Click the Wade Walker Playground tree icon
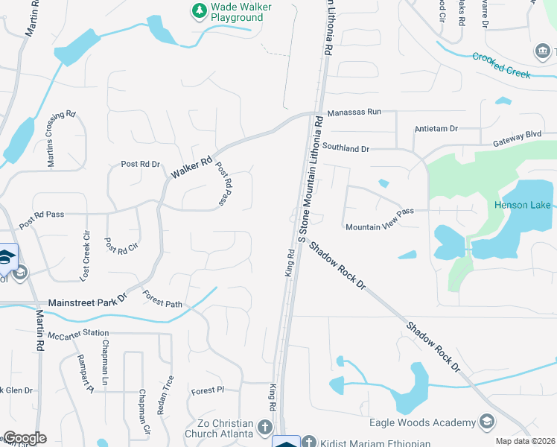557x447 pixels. (x=199, y=10)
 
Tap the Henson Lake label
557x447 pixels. (x=521, y=205)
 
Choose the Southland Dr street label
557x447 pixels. (x=346, y=149)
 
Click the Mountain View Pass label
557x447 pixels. (x=379, y=212)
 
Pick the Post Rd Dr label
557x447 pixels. (x=140, y=164)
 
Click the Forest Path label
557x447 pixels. (x=162, y=299)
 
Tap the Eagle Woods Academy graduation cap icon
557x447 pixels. (x=487, y=422)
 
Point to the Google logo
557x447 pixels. (x=24, y=438)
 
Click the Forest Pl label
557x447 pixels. (x=207, y=390)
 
